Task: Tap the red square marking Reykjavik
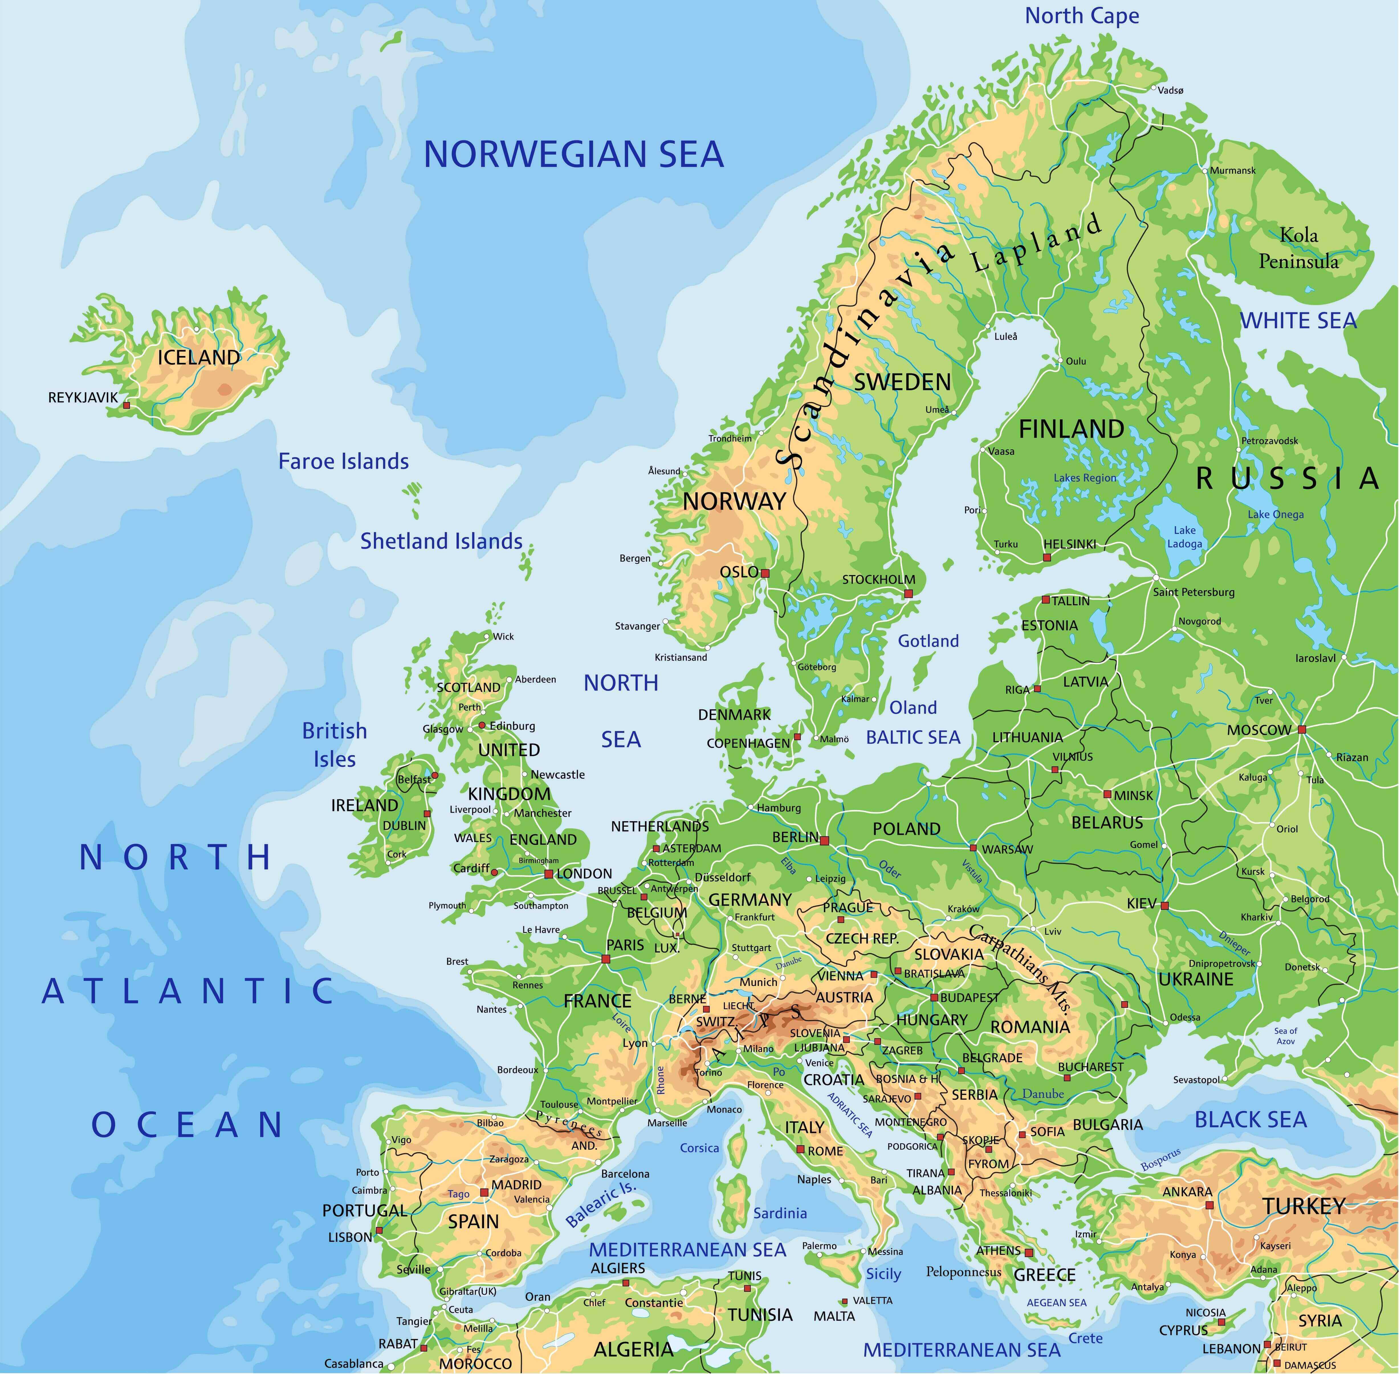127,406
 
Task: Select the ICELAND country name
198,357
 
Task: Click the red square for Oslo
765,574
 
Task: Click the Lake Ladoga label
1184,537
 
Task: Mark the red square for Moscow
1302,730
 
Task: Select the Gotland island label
928,641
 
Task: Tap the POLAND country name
907,829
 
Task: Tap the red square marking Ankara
1209,1205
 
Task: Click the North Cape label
1082,16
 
